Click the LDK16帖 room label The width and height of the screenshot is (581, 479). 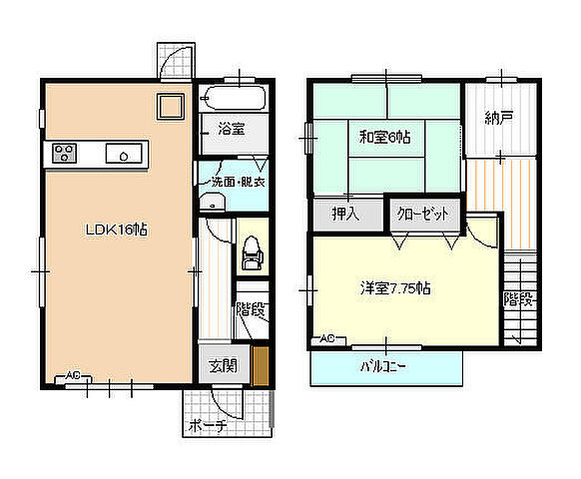coord(117,230)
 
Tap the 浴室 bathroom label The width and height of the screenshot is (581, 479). coord(232,129)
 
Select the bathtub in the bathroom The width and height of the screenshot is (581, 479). coord(234,98)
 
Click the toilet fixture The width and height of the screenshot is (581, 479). coord(253,252)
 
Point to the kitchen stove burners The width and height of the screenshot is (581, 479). coord(65,153)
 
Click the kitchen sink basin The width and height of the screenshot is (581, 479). coord(124,154)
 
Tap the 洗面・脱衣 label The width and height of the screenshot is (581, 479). coord(238,182)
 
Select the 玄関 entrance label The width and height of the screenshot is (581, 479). coord(223,366)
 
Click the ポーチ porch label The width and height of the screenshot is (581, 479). coord(208,426)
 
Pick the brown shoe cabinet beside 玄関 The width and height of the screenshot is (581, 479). coord(261,366)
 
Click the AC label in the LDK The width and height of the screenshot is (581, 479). coord(73,375)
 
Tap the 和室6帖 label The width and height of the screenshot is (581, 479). coord(385,138)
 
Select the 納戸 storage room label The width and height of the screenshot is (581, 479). coord(499,118)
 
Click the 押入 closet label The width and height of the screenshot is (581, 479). coord(345,214)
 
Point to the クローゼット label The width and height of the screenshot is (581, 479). coord(422,214)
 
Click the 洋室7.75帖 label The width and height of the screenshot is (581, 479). coord(395,287)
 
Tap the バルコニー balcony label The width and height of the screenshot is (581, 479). coord(383,367)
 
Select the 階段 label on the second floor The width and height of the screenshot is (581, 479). coord(520,299)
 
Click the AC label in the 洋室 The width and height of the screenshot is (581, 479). coord(327,338)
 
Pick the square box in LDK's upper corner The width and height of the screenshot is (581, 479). coord(171,107)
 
